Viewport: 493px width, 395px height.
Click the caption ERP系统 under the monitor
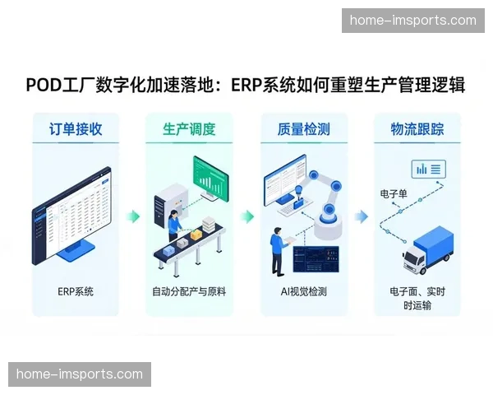tap(76, 291)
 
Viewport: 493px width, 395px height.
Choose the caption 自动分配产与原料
tap(189, 291)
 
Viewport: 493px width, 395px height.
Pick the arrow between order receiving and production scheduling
tap(132, 216)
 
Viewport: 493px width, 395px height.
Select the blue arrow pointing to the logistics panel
tap(361, 216)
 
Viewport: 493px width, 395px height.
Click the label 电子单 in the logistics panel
tap(394, 194)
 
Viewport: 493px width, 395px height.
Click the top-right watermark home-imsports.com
tap(412, 20)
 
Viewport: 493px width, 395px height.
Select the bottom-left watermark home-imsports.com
tap(79, 374)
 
